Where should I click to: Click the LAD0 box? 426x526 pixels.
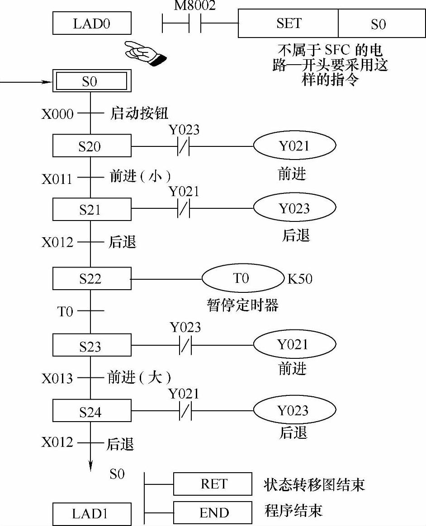(x=92, y=23)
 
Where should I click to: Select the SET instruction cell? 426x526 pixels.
(x=288, y=23)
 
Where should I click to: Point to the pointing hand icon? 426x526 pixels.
(x=144, y=53)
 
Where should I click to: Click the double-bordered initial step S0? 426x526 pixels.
(x=90, y=82)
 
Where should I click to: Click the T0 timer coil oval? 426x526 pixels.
(x=241, y=278)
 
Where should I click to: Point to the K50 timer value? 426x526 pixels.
(x=300, y=278)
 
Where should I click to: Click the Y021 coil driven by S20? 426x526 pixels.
(x=294, y=146)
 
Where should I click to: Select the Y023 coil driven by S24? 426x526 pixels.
(x=294, y=410)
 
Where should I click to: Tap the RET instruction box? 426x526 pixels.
(x=213, y=484)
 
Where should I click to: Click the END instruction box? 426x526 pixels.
(x=213, y=513)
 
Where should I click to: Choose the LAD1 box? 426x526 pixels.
(x=92, y=514)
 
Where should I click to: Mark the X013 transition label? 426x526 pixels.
(x=57, y=378)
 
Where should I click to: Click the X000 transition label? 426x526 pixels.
(x=57, y=114)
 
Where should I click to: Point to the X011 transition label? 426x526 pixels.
(x=57, y=179)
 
